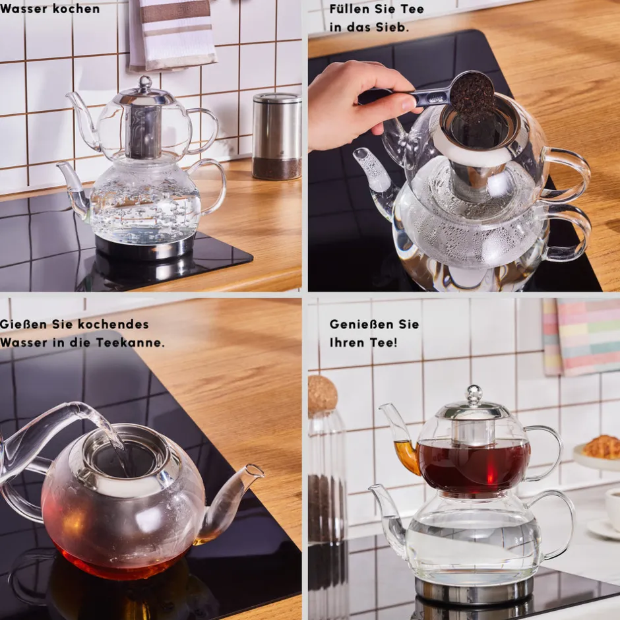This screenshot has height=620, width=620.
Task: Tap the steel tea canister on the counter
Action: point(276,136)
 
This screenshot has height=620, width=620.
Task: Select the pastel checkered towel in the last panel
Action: point(581,336)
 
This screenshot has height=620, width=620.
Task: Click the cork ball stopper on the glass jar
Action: point(323,394)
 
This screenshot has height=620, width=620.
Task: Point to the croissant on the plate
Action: point(602,447)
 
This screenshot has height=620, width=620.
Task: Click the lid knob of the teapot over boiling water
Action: point(145,82)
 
